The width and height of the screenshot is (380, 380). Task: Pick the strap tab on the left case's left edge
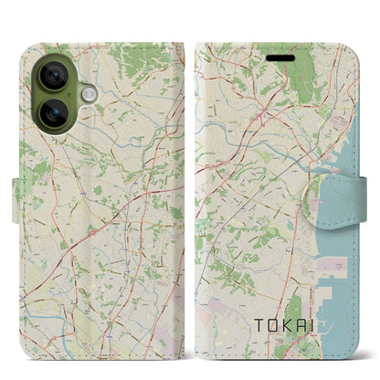(x=17, y=192)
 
